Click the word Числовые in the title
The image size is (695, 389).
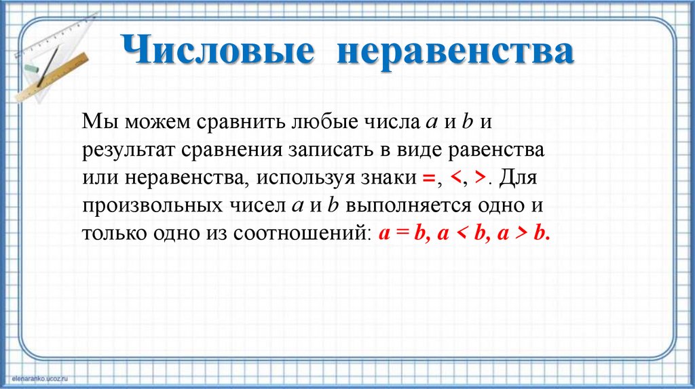click(218, 53)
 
